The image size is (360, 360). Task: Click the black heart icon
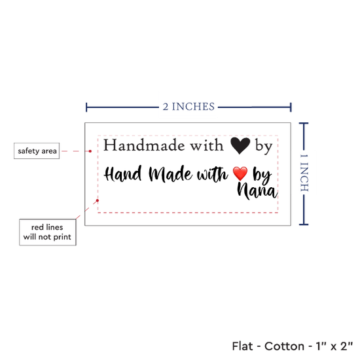coord(240,146)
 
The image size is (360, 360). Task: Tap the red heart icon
coord(240,173)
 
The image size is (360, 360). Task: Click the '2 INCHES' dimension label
coord(189,107)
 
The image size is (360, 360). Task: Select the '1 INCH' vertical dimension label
coord(304,173)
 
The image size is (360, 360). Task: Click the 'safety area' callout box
coord(37,151)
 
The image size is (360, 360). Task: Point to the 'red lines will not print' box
coord(48,232)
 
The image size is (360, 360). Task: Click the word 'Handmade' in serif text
coord(144,145)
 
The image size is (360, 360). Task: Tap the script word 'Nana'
coord(257,191)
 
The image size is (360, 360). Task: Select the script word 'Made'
coord(171,174)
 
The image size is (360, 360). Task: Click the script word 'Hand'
coord(123,174)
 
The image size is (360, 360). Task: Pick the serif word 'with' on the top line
coord(207,145)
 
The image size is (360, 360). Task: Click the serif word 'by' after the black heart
coord(264,147)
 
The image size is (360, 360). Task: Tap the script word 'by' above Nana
coord(262,175)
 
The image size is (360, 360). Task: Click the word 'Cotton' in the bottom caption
coord(284,346)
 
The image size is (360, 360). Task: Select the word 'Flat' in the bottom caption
coord(242,346)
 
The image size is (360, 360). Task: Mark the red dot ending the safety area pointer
coord(90,151)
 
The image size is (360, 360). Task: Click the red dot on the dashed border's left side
coord(98,200)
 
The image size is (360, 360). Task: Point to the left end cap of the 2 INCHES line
coord(86,107)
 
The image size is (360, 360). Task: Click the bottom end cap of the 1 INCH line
coord(304,225)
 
